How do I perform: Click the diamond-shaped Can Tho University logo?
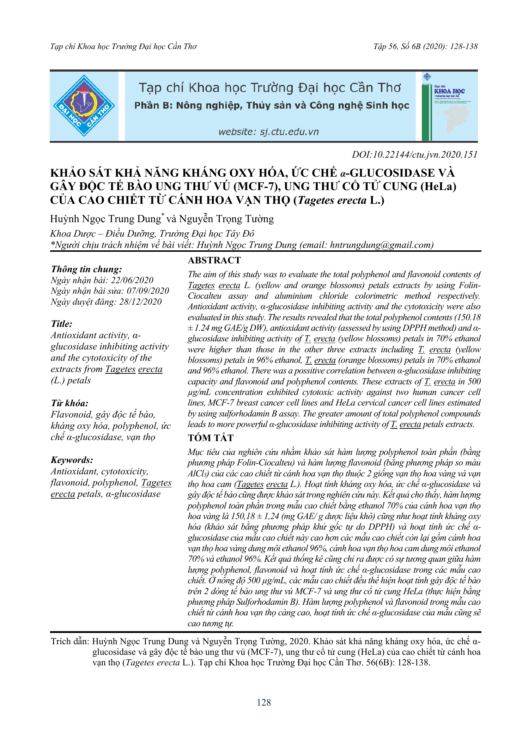click(84, 106)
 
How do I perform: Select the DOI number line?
click(415, 154)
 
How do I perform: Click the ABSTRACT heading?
click(214, 260)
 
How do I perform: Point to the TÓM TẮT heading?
click(211, 438)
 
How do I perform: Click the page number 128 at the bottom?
click(264, 702)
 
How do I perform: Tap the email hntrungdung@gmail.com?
click(381, 245)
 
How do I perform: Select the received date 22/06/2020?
click(132, 280)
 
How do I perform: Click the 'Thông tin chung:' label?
click(86, 269)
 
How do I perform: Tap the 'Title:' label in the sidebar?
click(62, 324)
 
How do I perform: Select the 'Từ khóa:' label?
click(69, 403)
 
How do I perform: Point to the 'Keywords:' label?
click(72, 460)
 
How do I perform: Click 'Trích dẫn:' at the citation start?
click(70, 641)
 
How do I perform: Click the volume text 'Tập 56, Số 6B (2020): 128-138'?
click(425, 47)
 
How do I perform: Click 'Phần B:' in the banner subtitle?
click(153, 105)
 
